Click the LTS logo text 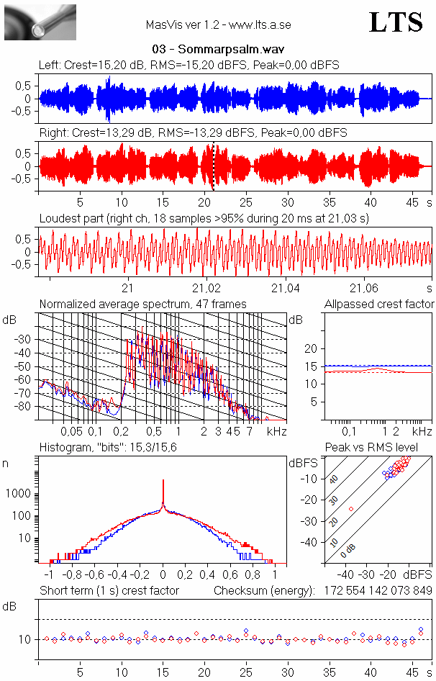tap(395, 22)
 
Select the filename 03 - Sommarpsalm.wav tap(218, 50)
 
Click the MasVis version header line tap(218, 25)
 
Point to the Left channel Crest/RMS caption tap(189, 66)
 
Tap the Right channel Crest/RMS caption tap(193, 133)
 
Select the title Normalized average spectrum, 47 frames tap(142, 305)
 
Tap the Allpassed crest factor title tap(378, 305)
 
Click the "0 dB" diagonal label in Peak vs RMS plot tap(348, 551)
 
